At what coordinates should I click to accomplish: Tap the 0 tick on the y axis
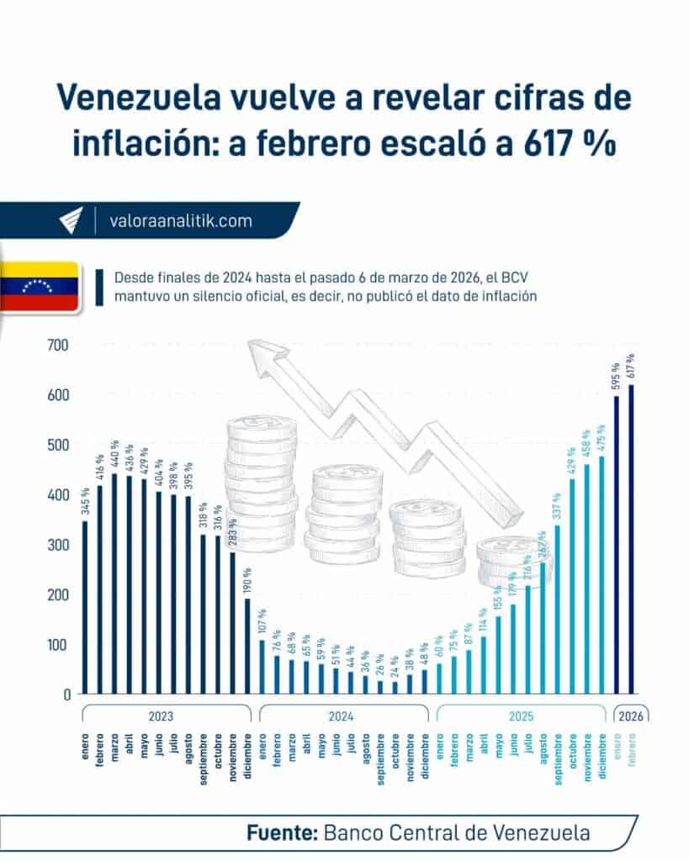[65, 695]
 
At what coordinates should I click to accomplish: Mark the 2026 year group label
[630, 716]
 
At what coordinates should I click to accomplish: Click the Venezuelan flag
[40, 288]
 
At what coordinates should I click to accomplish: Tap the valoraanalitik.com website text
[181, 221]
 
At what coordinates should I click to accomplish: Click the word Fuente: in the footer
[281, 833]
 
